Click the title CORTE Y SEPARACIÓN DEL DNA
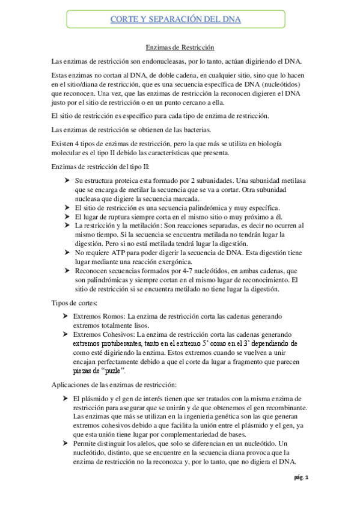click(176, 20)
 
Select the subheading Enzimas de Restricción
click(180, 47)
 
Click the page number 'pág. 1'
click(301, 478)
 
